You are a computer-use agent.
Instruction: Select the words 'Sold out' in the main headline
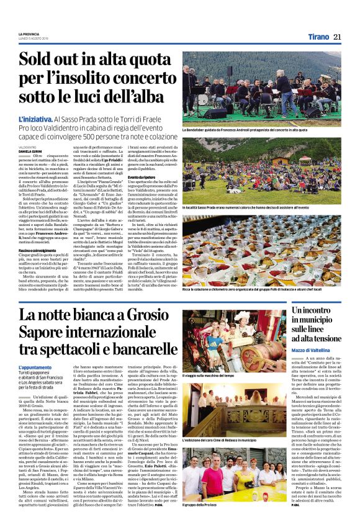pos(55,61)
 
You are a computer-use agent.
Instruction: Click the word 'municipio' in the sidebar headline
pos(315,330)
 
